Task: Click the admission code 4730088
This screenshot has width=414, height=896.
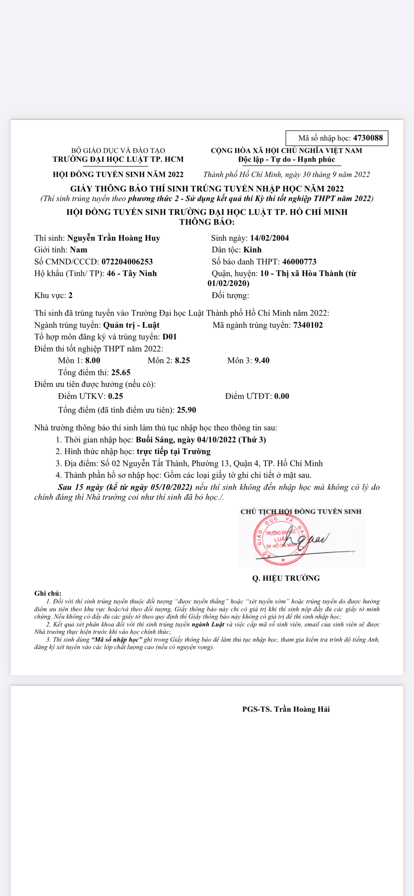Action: (368, 138)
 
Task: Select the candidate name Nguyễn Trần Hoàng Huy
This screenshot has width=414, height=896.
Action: (114, 238)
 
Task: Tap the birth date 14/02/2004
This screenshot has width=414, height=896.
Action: (269, 238)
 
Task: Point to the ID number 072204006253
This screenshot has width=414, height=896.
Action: (127, 262)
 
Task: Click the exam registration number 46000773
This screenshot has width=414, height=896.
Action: (299, 262)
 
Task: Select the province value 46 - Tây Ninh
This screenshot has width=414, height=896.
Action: (132, 274)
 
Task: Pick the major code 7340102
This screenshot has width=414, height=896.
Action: (308, 325)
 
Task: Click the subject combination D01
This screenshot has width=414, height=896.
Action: (169, 337)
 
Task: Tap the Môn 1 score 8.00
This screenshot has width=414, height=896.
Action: (93, 361)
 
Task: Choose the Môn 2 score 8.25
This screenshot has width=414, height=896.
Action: (182, 361)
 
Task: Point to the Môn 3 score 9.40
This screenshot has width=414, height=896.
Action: (262, 361)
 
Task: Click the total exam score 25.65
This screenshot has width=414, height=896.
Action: (121, 373)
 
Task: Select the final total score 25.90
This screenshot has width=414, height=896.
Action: (186, 410)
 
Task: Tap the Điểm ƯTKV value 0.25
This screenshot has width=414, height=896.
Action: (116, 396)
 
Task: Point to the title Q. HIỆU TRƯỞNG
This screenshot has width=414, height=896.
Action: (286, 578)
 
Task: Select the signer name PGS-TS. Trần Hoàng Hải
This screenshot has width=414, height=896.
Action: (286, 709)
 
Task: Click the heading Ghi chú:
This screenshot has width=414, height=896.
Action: (48, 593)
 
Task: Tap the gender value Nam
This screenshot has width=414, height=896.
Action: (79, 250)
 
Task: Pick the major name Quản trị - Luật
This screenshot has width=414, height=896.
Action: (131, 325)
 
